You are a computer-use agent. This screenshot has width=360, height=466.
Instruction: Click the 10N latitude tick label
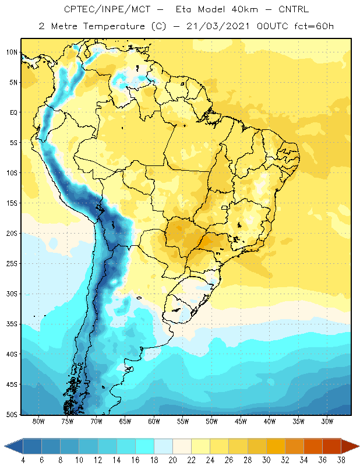[x=12, y=52]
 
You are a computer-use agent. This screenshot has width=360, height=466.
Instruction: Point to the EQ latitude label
[x=13, y=112]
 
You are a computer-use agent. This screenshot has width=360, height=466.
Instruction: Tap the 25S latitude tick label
[x=12, y=264]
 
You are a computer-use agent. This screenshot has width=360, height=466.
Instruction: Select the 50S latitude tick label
[x=12, y=415]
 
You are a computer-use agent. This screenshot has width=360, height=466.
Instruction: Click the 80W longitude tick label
[x=38, y=421]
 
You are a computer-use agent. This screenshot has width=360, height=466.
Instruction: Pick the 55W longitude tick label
[x=183, y=421]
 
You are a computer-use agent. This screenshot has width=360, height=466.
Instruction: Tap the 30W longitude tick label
[x=327, y=421]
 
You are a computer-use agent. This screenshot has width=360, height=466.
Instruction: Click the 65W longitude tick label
[x=125, y=421]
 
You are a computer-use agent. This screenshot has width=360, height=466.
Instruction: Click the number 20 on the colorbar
[x=172, y=460]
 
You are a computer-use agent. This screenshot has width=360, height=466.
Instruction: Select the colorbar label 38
[x=341, y=460]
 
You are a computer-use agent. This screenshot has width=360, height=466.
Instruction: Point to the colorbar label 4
[x=23, y=460]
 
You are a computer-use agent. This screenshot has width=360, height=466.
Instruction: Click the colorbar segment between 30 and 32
[x=276, y=446]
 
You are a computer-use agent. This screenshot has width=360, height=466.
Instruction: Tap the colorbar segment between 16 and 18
[x=145, y=446]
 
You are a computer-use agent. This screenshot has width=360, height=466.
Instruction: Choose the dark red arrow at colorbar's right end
[x=350, y=446]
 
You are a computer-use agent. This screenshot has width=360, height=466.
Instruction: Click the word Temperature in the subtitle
[x=114, y=26]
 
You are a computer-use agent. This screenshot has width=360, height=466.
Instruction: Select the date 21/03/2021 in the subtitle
[x=218, y=26]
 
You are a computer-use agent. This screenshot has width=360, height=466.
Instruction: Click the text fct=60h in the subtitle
[x=314, y=26]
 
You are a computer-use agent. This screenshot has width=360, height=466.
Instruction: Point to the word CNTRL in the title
[x=294, y=9]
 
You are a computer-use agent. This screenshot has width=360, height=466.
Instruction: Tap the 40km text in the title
[x=245, y=9]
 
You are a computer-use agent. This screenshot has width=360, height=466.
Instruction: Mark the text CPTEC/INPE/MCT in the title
[x=107, y=9]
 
